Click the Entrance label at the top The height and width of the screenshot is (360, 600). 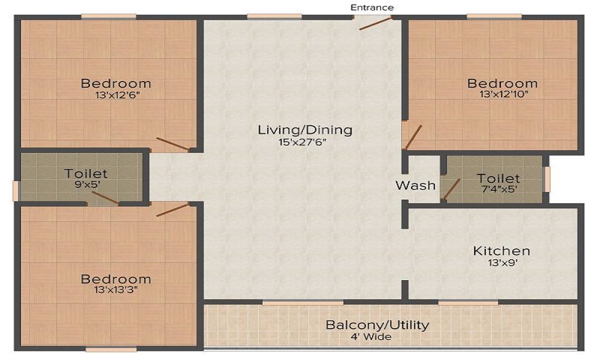click(x=372, y=8)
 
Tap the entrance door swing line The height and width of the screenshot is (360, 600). click(x=376, y=23)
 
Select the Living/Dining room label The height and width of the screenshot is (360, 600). click(x=305, y=130)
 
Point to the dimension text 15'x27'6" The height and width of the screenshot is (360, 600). click(x=302, y=143)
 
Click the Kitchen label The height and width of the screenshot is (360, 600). click(x=502, y=251)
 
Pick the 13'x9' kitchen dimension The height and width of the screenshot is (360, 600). click(x=503, y=263)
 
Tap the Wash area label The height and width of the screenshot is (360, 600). click(x=416, y=185)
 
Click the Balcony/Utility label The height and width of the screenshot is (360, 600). click(x=377, y=325)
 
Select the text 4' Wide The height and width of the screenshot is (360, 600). click(x=371, y=337)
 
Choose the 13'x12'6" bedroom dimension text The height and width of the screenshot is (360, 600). click(x=118, y=95)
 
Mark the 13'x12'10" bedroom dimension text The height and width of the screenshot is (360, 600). click(x=504, y=94)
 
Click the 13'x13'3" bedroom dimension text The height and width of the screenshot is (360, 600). click(x=116, y=290)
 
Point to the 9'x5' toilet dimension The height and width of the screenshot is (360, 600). click(x=87, y=185)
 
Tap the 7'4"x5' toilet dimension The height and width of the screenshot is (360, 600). click(x=499, y=189)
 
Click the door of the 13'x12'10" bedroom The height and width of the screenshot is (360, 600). click(x=413, y=137)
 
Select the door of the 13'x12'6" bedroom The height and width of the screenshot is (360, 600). click(x=173, y=144)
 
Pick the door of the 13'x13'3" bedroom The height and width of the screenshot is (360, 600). click(x=173, y=210)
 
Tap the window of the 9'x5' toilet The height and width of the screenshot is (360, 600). click(x=15, y=191)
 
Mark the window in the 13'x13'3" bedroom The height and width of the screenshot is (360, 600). click(x=111, y=350)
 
